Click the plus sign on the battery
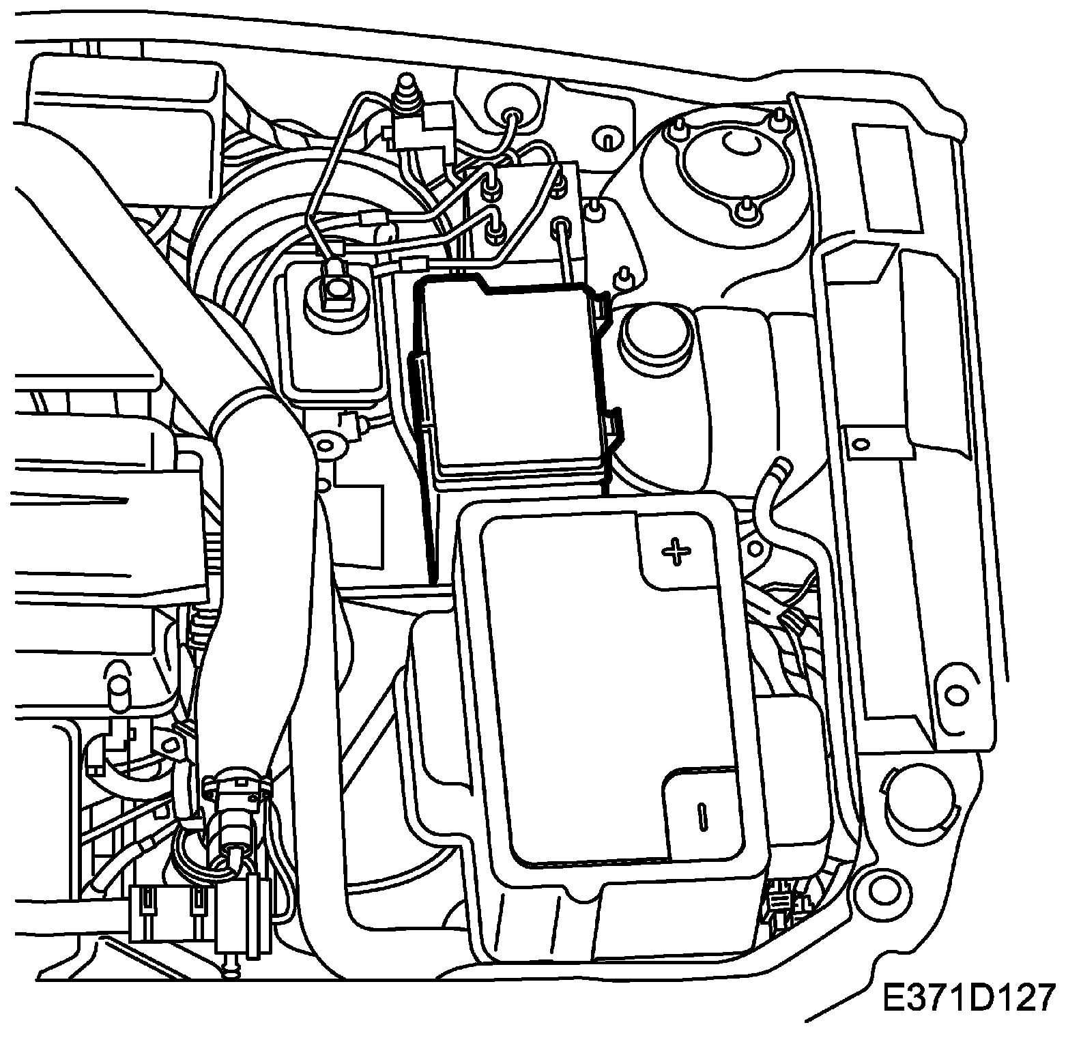click(675, 552)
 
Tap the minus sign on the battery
click(701, 816)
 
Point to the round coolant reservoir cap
click(656, 334)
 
